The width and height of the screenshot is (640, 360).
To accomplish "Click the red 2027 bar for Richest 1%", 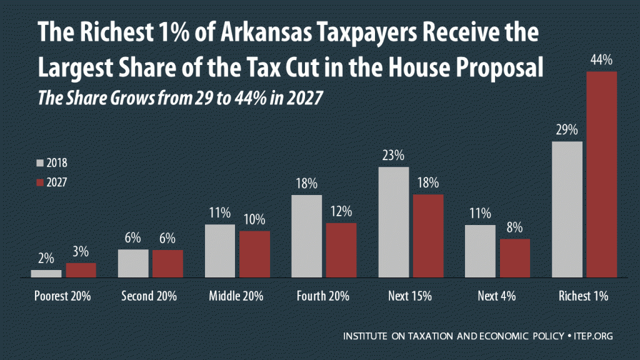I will (x=602, y=174).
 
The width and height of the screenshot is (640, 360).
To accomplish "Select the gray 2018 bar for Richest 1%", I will (x=567, y=209).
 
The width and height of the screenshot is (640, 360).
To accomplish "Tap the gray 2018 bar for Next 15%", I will (x=394, y=222).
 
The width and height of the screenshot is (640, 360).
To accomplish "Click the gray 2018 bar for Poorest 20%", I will (x=46, y=274).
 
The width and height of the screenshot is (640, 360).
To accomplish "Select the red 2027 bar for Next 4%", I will (x=515, y=258).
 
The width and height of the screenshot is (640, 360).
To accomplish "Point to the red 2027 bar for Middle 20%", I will (x=255, y=254).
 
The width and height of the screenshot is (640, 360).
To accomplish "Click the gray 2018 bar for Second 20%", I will (x=133, y=263).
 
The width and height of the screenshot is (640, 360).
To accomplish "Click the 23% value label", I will (x=394, y=156).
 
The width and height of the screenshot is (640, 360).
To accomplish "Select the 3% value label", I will (x=81, y=252).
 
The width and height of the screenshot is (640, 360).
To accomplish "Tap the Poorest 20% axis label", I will (x=63, y=296).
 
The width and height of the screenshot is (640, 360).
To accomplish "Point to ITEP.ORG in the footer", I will (x=592, y=336).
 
